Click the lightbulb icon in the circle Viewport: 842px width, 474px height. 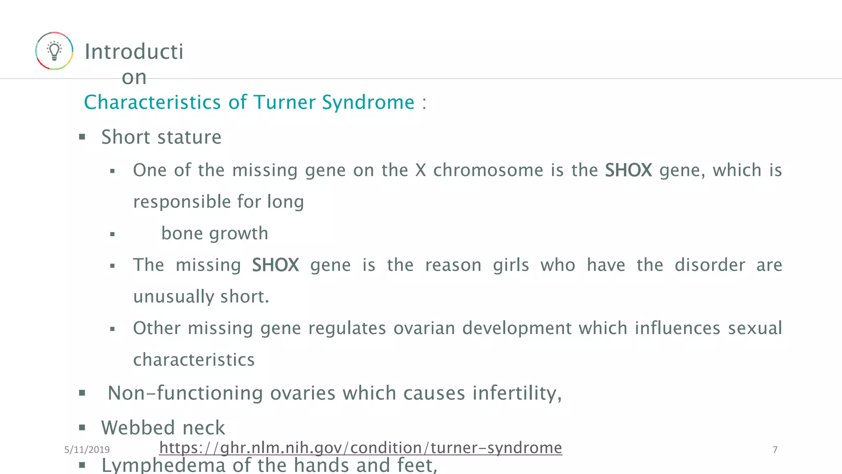tap(54, 51)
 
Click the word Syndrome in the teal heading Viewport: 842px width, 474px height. tap(368, 102)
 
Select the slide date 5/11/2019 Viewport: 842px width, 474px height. tap(87, 450)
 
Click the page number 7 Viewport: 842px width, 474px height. tap(775, 450)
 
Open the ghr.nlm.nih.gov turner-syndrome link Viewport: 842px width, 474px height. tap(360, 448)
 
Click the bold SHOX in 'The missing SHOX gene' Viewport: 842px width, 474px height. tap(275, 265)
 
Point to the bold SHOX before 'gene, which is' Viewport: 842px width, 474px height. tap(628, 170)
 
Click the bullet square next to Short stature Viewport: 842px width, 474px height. tap(82, 137)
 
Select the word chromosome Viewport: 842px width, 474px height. tap(488, 170)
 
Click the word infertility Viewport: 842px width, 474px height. tap(516, 393)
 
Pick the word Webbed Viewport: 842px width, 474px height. tap(138, 428)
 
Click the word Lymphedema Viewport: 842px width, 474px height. tap(163, 465)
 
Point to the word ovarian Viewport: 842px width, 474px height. tap(424, 328)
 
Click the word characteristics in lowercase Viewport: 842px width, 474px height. tap(194, 360)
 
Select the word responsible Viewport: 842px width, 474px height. tap(182, 202)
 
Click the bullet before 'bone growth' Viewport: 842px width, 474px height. tap(112, 235)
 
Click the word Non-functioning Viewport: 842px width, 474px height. tap(185, 393)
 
